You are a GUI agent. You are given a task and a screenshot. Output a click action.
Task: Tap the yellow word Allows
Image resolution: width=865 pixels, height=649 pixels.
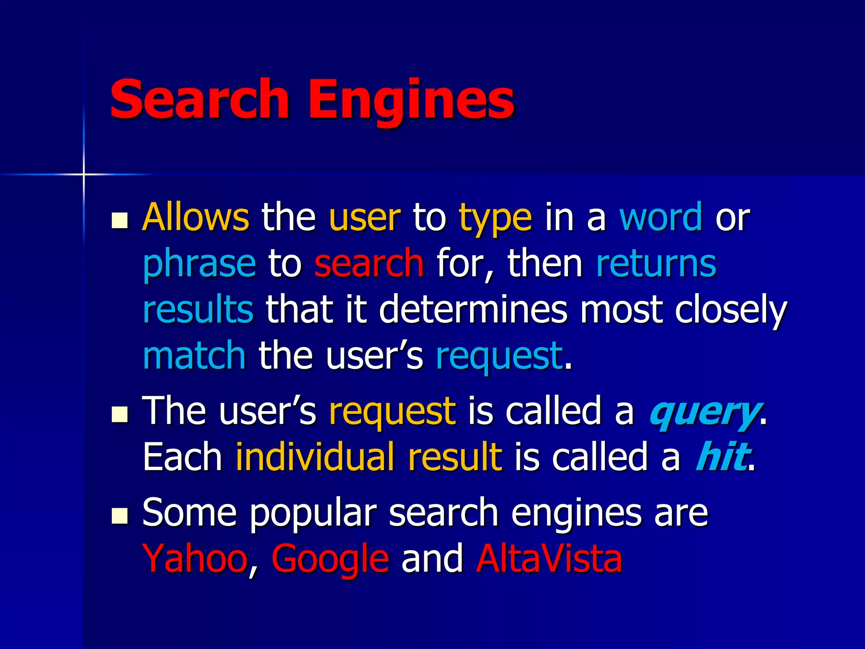pos(196,217)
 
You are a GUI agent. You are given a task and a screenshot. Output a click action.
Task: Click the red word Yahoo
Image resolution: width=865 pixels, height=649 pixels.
pos(195,559)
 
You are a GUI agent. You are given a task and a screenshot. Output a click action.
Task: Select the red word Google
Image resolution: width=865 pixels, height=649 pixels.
pos(330,559)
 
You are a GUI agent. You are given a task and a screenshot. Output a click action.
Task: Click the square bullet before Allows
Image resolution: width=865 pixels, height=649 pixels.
pos(120,221)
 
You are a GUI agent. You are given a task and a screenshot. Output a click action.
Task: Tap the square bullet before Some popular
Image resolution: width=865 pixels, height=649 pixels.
pos(120,516)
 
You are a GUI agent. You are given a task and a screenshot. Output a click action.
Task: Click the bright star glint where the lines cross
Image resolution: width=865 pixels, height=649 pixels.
pos(84,174)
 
